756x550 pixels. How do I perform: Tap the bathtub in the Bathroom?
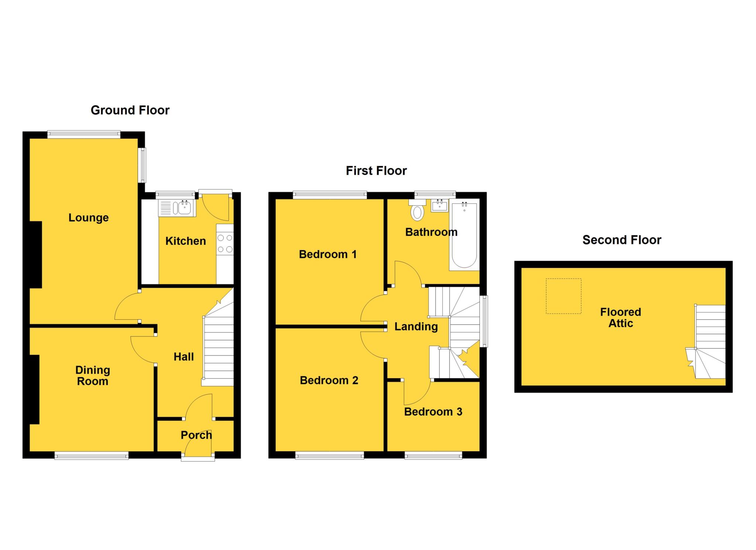464,235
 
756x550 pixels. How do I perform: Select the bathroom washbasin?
440,205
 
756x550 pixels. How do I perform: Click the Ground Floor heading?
130,110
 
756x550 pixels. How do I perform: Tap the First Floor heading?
376,171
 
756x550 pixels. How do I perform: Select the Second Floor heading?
622,240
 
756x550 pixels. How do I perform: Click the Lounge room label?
89,218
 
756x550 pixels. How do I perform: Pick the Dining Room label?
93,375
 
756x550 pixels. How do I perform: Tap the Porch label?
196,435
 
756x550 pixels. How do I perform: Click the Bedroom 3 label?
433,411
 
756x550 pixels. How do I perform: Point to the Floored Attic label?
621,318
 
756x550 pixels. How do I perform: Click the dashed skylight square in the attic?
563,296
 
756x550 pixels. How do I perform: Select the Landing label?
416,327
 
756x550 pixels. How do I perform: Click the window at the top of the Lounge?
84,134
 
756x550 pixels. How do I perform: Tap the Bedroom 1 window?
330,195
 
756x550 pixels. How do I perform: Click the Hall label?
183,357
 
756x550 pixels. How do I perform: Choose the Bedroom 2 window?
330,456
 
